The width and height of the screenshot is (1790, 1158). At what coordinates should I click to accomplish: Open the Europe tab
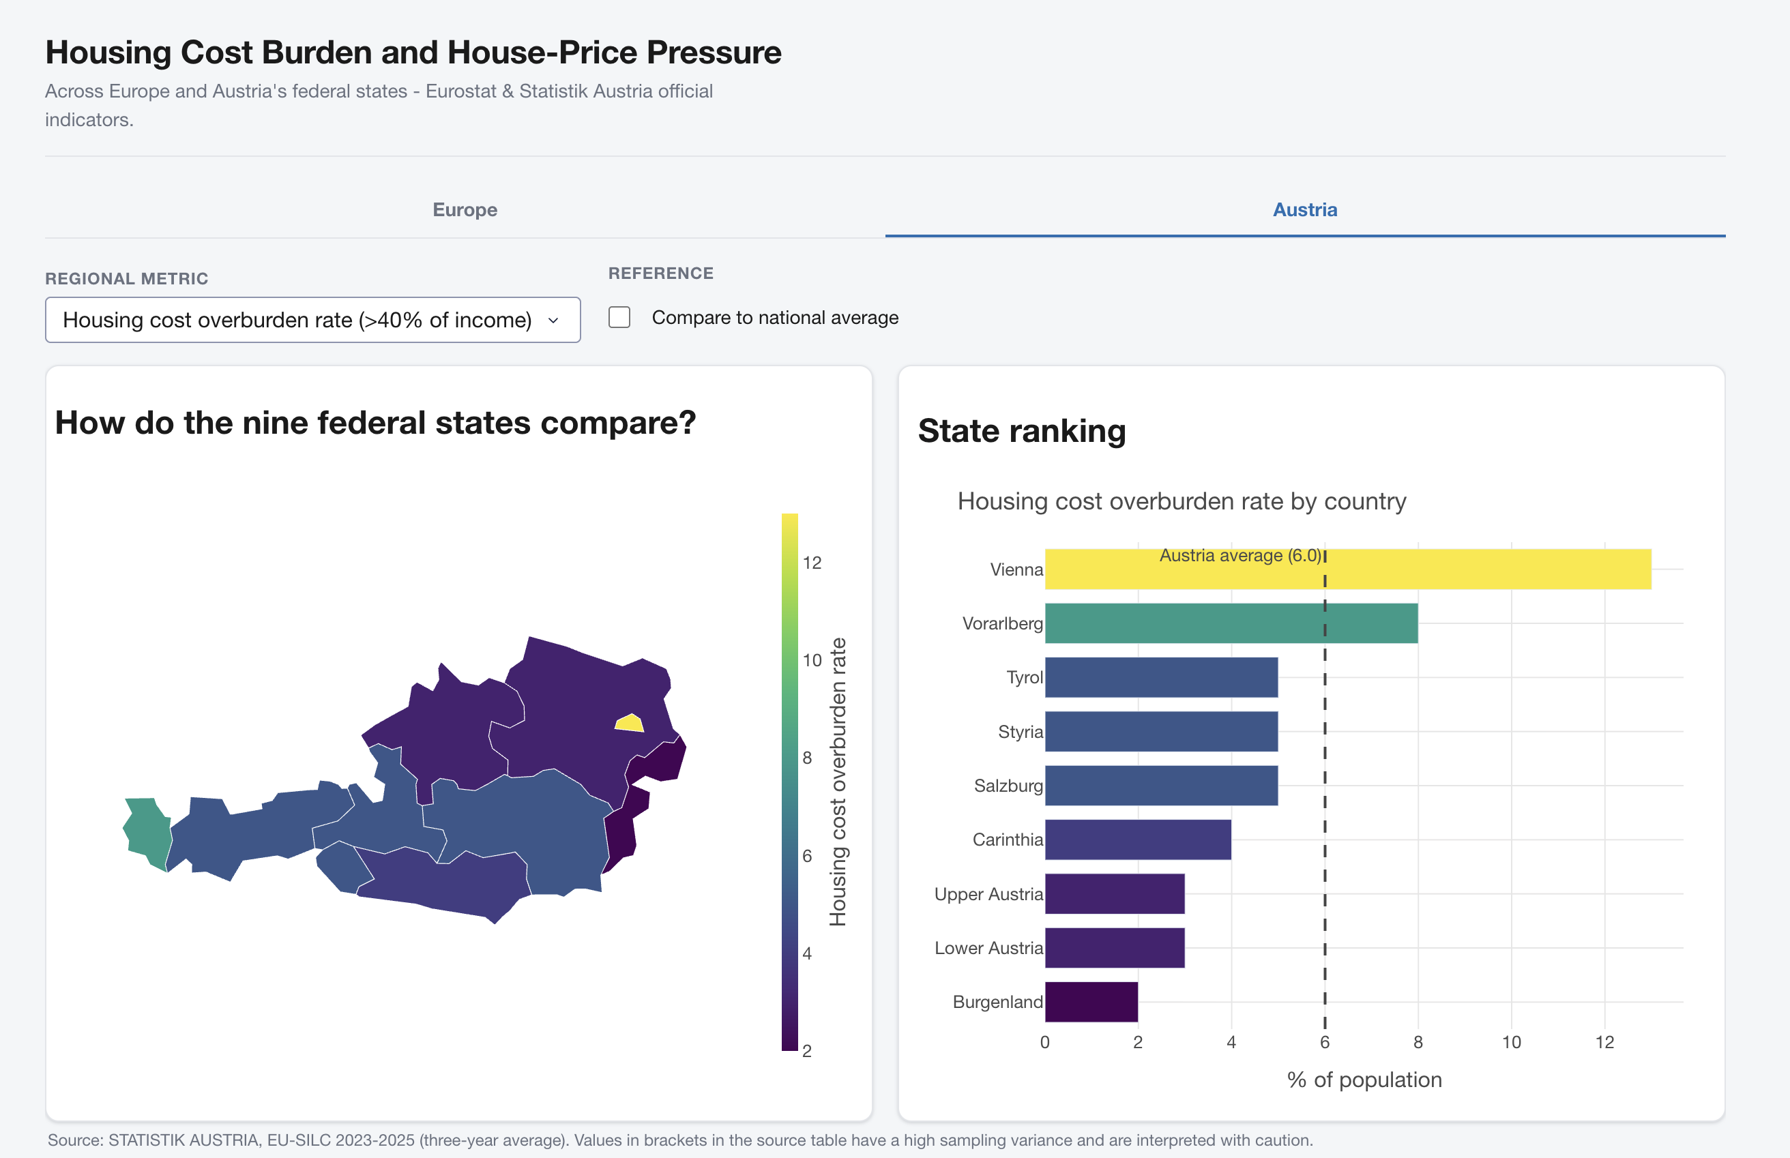tap(465, 210)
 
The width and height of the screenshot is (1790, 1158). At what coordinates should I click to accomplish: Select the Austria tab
tap(1305, 210)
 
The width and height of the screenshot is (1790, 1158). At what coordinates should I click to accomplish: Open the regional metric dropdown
tap(313, 320)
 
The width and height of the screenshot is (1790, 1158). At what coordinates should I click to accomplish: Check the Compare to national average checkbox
tap(619, 317)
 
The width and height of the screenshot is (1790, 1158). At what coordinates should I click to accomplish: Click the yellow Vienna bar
tap(1348, 569)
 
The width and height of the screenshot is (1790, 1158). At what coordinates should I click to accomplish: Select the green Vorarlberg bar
tap(1231, 623)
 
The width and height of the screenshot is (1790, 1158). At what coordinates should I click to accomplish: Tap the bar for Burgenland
tap(1091, 1002)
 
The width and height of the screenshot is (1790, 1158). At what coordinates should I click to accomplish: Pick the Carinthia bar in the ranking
tap(1138, 839)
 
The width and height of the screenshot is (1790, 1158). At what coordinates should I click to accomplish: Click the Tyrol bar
tap(1161, 677)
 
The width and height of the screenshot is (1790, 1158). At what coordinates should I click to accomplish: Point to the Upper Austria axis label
tap(988, 894)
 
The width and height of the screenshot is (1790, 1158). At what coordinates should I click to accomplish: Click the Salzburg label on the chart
tap(1008, 786)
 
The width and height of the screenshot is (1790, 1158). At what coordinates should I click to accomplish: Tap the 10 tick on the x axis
tap(1512, 1042)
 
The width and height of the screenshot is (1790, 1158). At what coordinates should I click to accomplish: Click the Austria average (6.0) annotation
tap(1240, 555)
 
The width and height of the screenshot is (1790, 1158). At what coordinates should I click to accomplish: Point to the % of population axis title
tap(1364, 1080)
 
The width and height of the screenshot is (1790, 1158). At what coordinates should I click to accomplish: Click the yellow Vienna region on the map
tap(630, 724)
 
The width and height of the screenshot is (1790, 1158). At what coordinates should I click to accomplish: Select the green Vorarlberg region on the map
tap(146, 833)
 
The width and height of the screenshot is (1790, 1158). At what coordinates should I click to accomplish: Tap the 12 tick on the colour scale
tap(812, 563)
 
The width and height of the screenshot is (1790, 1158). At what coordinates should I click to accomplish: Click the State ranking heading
tap(1022, 431)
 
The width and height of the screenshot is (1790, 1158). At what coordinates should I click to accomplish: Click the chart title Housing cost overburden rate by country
tap(1182, 501)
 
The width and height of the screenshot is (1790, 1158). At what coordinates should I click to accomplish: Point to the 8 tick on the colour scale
tap(807, 758)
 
